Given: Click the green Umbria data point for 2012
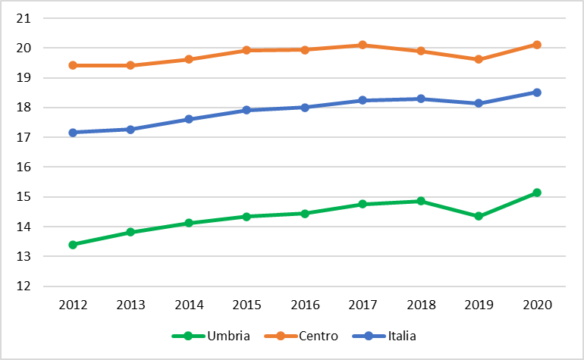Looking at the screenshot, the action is coord(73,245).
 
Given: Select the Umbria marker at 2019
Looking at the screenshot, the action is coord(479,216).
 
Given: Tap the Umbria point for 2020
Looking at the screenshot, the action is coord(537,193).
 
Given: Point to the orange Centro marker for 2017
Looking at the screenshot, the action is coord(363,45).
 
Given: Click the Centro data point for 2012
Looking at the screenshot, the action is coord(73,65).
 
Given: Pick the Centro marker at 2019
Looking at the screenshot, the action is coord(479,59).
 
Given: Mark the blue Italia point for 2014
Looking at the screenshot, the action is coord(189,119).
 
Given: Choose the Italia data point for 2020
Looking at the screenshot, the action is coord(537,92).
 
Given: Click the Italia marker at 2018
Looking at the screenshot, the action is coord(421,99).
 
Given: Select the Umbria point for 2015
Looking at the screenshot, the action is coord(246,216).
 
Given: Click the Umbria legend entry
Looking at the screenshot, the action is coord(211,336).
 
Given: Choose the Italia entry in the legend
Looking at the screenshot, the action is coord(384,336).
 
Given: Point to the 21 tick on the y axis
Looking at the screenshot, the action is coord(23,18).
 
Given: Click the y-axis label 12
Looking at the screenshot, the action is coord(23,286).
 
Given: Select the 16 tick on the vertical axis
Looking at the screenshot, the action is coord(23,167).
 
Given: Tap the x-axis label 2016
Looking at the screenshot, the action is coord(305,305).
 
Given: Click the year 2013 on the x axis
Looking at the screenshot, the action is coord(130,305).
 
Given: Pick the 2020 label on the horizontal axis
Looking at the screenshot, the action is coord(537,305).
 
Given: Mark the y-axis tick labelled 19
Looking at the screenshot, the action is coord(23,78).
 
